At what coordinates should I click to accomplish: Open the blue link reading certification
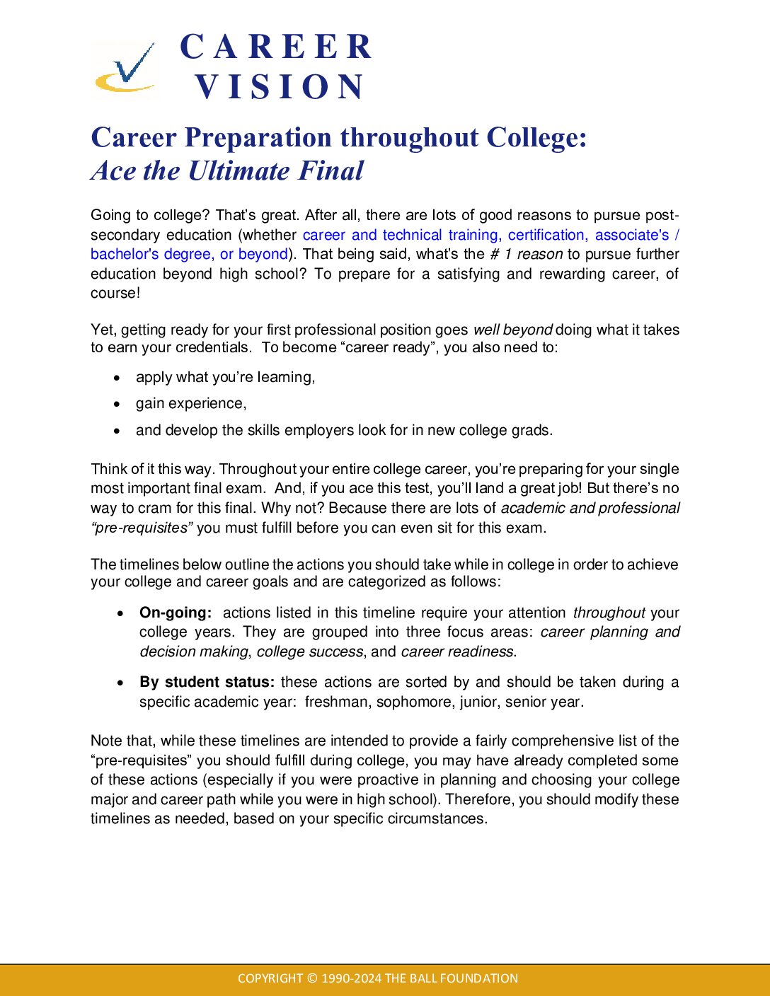pos(546,235)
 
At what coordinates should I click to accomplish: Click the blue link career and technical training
pos(400,235)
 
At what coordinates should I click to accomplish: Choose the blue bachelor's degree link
pos(150,254)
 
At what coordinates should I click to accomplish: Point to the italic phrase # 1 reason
pos(526,254)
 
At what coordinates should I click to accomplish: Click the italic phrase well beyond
pos(512,330)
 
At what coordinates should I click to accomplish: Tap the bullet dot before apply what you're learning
pos(117,378)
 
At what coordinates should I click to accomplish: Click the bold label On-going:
pos(176,613)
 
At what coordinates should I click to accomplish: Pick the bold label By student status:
pos(207,682)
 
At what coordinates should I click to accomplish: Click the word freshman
pos(336,702)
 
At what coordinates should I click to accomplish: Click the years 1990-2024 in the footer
pos(351,978)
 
